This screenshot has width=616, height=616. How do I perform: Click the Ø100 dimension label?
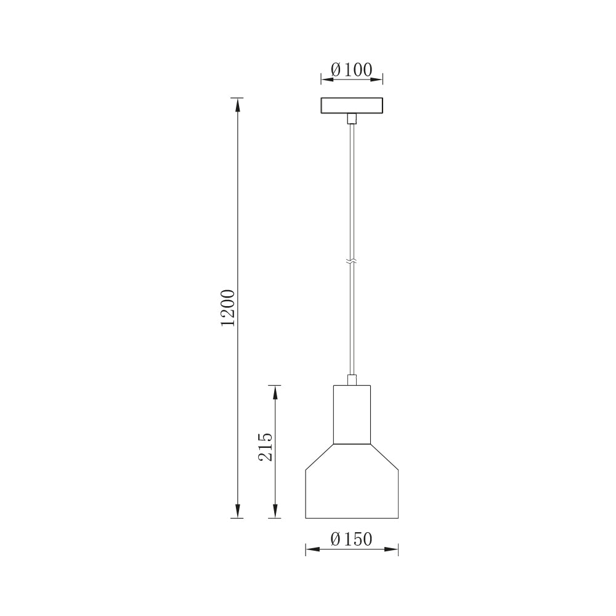[352, 70]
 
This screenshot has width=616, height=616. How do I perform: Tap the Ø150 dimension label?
[352, 539]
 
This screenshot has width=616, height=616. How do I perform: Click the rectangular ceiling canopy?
[352, 106]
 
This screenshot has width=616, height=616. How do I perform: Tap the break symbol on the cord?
[352, 261]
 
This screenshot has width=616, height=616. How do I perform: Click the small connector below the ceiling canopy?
[352, 119]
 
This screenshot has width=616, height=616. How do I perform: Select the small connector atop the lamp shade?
[352, 379]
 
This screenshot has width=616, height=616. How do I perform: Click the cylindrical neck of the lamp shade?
[352, 414]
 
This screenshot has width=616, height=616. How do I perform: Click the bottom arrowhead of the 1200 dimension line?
[237, 512]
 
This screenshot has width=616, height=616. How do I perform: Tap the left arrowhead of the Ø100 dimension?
[326, 79]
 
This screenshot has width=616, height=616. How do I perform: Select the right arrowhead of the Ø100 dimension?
[378, 79]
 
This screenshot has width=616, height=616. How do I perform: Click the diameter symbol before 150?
[336, 539]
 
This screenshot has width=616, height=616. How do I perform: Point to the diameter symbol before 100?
[336, 70]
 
